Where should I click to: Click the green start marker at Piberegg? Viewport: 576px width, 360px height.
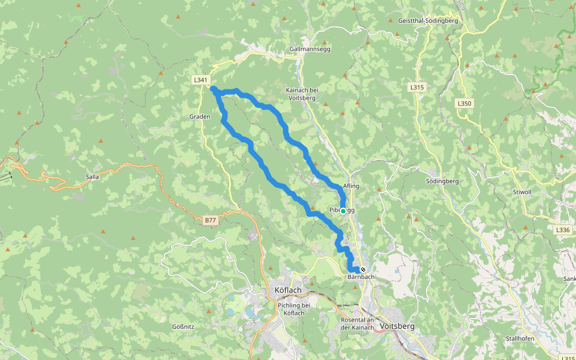(343, 211)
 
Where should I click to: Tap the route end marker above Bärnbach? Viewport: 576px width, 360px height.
(363, 269)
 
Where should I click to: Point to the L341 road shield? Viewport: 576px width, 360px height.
(200, 79)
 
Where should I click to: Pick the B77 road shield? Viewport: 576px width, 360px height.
(209, 221)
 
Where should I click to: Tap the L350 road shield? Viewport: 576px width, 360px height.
(464, 103)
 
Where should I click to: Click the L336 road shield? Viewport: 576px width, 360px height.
(562, 230)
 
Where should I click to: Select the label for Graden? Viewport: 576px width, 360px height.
(200, 117)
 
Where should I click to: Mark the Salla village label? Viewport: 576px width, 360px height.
(92, 177)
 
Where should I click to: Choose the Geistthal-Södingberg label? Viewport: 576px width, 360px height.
(428, 20)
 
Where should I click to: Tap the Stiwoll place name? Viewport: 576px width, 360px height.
(523, 193)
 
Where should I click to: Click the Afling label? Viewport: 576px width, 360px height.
(351, 186)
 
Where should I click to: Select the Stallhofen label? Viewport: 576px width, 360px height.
(520, 338)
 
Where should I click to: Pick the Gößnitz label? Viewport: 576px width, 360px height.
(184, 326)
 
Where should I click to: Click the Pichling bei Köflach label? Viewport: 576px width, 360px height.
(294, 309)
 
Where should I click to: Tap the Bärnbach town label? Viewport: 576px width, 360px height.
(361, 277)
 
